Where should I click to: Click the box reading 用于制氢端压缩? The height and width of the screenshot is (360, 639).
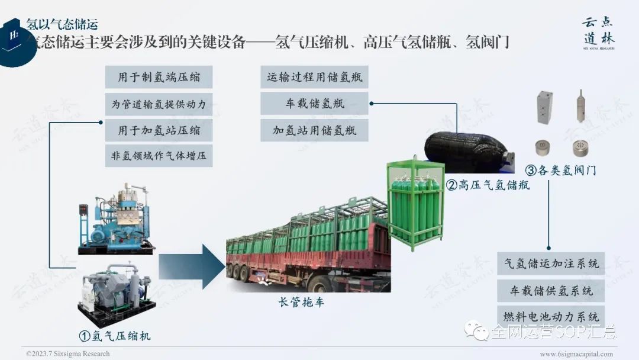(x=159, y=78)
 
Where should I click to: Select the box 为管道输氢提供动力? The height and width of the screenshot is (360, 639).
(x=159, y=104)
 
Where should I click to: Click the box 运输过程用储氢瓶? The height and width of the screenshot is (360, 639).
(x=314, y=78)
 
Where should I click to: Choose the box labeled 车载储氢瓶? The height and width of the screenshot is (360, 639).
(x=314, y=104)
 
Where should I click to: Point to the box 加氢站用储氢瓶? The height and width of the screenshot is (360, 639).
(x=314, y=130)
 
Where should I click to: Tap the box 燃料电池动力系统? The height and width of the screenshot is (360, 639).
(x=551, y=317)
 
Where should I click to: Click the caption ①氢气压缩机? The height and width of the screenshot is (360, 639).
(x=115, y=336)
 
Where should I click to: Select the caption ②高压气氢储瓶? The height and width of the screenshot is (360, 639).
(x=488, y=185)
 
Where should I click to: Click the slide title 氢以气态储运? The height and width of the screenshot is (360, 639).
(x=62, y=24)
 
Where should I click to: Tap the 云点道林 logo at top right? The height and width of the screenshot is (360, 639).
(x=598, y=33)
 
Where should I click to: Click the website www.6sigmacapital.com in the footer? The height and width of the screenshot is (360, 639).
(x=576, y=353)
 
